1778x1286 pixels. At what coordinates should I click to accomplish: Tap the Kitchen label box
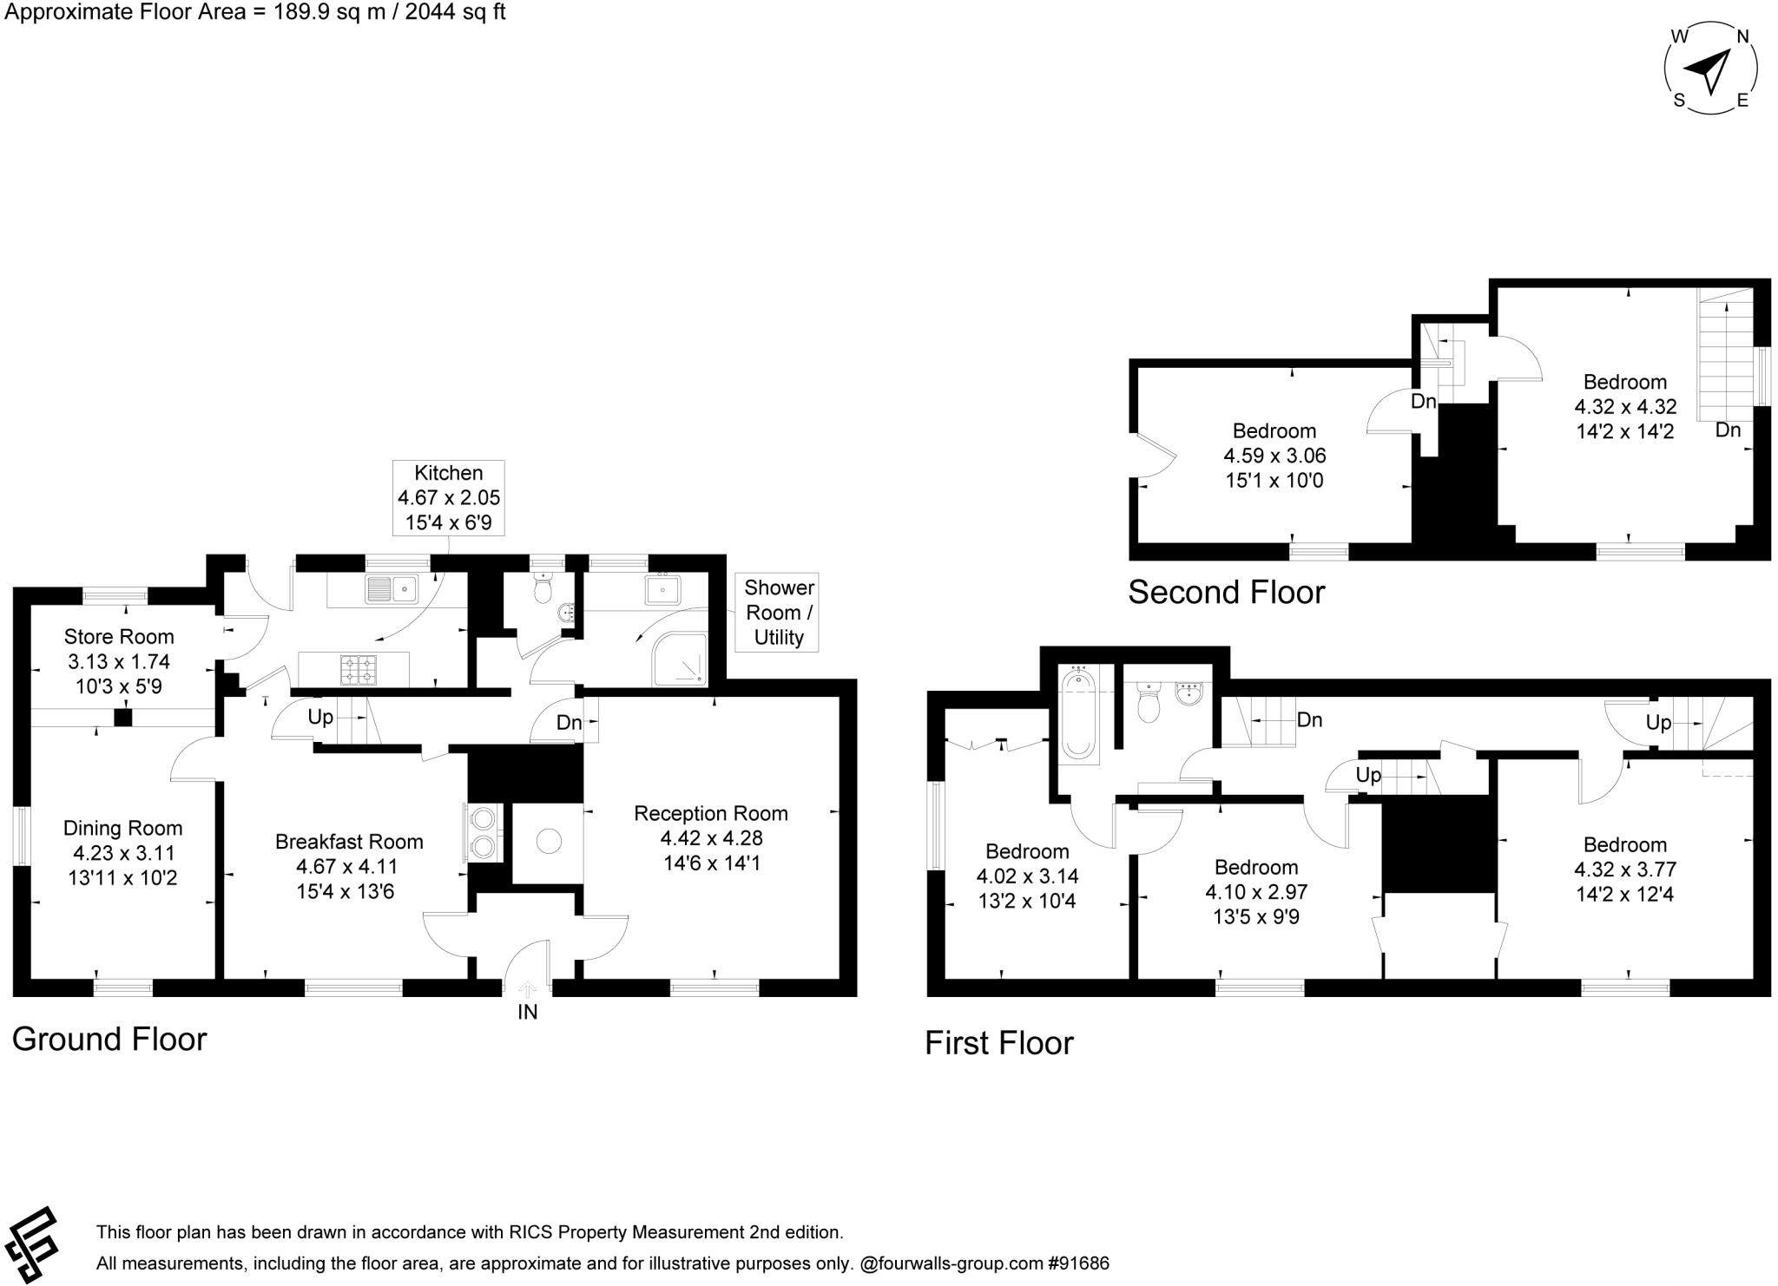448,498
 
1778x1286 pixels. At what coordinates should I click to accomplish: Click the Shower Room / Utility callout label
778,613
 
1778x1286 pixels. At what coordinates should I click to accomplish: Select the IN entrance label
527,1012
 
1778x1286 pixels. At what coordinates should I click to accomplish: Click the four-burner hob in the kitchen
358,669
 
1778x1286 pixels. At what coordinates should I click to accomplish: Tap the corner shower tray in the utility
680,659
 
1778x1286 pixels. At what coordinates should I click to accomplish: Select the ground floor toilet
543,589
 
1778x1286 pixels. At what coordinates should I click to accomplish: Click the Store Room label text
119,637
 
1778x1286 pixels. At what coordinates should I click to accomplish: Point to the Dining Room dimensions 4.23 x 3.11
122,853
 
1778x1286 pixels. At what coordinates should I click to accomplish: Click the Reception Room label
710,813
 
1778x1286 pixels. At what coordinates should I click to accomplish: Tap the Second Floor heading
1226,593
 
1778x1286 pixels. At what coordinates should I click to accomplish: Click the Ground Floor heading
109,1039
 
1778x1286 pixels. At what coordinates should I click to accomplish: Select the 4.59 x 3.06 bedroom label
1274,456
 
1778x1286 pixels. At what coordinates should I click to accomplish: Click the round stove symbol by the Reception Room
549,841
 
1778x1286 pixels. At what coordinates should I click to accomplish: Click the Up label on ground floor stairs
320,718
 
